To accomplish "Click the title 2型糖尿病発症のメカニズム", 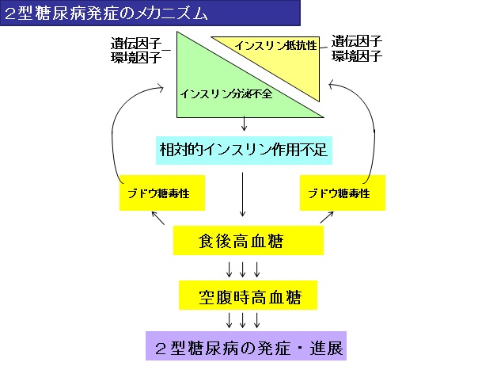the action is pos(106,13).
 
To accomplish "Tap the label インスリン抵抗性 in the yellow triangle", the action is pos(275,45).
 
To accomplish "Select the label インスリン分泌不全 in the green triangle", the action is pos(226,93).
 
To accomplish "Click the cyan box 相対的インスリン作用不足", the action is pos(244,151).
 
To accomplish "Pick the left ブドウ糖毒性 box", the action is pos(162,193).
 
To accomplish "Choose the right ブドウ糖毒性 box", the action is pos(343,193).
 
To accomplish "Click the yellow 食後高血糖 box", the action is pos(248,241).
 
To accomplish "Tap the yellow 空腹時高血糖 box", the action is pos(248,295).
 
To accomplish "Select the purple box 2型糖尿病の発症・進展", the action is pos(246,346).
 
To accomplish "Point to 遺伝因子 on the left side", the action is pos(136,43).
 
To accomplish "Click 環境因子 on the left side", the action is pos(136,57).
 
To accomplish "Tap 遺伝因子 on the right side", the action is pos(357,41).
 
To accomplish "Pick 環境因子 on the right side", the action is pos(357,55).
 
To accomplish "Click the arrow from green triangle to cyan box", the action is pos(244,124).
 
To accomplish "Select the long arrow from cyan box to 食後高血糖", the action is pos(242,195).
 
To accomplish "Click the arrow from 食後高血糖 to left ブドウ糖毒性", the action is pos(157,218).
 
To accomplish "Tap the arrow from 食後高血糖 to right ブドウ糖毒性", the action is pos(327,217).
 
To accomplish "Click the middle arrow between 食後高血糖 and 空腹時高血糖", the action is pos(242,269).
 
